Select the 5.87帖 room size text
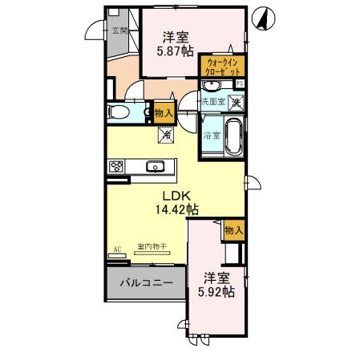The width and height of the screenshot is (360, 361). click(x=176, y=51)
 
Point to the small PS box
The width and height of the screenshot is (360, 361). click(x=239, y=83)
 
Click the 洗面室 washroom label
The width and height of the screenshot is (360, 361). click(x=212, y=102)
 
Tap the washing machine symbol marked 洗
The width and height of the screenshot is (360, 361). click(x=236, y=102)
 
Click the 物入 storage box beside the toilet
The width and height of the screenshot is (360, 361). click(x=162, y=113)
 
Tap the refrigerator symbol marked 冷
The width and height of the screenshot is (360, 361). click(x=165, y=135)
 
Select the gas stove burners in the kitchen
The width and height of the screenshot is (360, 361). click(x=116, y=167)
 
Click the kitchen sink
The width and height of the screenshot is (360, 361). click(x=156, y=167)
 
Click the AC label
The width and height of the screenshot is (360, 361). click(x=117, y=249)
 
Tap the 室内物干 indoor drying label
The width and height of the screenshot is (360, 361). click(x=152, y=248)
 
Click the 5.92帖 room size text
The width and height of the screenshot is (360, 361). click(x=217, y=293)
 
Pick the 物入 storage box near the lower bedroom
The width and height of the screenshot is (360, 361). click(x=234, y=230)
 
